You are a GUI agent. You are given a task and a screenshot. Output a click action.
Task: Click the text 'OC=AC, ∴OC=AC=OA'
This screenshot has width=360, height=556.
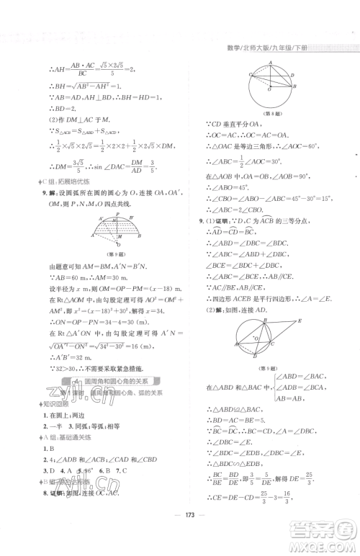241,135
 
